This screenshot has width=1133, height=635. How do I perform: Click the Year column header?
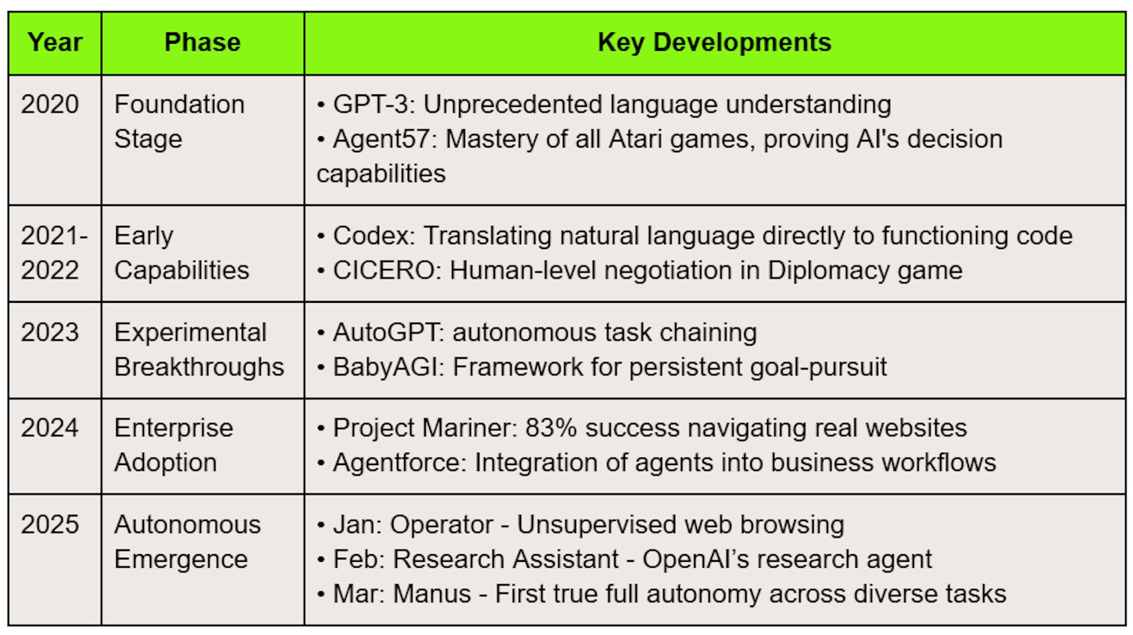click(x=55, y=42)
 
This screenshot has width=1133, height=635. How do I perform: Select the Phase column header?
click(x=202, y=42)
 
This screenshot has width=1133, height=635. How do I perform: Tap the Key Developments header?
click(x=715, y=42)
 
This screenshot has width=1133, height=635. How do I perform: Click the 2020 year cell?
click(x=50, y=104)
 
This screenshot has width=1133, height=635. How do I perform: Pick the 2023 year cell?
click(x=50, y=332)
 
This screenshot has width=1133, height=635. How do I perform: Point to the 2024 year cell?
click(x=50, y=428)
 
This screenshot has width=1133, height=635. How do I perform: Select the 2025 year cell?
click(x=50, y=525)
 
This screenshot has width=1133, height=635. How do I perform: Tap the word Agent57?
click(x=381, y=139)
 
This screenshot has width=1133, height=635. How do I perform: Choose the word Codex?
click(x=371, y=236)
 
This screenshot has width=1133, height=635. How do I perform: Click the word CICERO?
click(x=384, y=270)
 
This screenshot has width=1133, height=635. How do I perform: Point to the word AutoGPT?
click(x=386, y=332)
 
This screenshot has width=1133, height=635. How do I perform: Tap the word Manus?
click(x=433, y=594)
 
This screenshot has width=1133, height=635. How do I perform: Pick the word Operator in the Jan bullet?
click(x=442, y=525)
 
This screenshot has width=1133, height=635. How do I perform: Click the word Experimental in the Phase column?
click(x=191, y=332)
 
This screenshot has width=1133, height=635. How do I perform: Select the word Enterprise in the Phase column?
click(x=174, y=428)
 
